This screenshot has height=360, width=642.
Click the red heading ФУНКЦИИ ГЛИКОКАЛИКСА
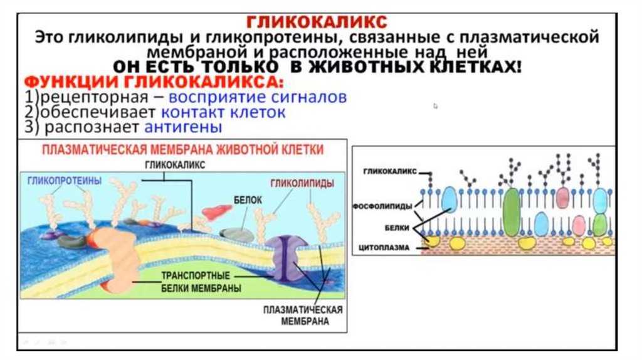coord(154,83)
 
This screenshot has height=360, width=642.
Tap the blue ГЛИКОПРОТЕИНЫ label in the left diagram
coord(65,180)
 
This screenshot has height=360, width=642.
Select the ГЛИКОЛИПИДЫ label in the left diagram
coord(302,183)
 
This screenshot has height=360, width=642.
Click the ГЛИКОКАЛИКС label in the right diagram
coord(390,172)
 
